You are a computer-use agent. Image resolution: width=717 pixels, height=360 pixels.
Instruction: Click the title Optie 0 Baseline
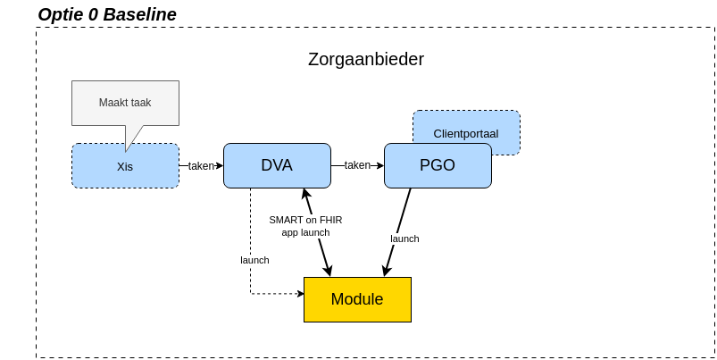coord(107,14)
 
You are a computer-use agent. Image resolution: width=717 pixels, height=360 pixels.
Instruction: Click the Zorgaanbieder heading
coord(365,59)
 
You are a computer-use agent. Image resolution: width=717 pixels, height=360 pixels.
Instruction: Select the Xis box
coord(125,166)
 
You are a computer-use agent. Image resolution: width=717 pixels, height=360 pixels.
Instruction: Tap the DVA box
coord(277,165)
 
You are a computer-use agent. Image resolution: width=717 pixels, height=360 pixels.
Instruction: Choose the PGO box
coord(438,165)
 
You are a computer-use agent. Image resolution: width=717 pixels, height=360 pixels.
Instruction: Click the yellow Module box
coord(357,299)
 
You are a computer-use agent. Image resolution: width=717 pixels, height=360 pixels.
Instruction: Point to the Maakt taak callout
coord(125,103)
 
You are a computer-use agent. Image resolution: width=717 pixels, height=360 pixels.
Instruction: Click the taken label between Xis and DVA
coord(201,165)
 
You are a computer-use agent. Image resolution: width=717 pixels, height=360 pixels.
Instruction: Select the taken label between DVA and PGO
coord(357,165)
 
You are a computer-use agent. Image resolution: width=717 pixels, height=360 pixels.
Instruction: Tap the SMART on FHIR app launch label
coord(305,226)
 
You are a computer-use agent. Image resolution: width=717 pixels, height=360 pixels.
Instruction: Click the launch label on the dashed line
coord(254,260)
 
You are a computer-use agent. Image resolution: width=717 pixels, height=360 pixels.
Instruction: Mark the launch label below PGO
coord(404,239)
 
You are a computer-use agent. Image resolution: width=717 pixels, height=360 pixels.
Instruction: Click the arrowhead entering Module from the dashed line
coord(300,293)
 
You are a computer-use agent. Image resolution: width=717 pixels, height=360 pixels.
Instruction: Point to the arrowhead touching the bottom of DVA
coord(305,193)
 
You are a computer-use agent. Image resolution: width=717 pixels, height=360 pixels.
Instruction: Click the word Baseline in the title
coord(140,14)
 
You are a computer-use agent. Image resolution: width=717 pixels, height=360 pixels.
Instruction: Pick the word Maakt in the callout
coord(113,103)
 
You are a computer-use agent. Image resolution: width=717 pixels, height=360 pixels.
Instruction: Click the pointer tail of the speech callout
coord(132,138)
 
